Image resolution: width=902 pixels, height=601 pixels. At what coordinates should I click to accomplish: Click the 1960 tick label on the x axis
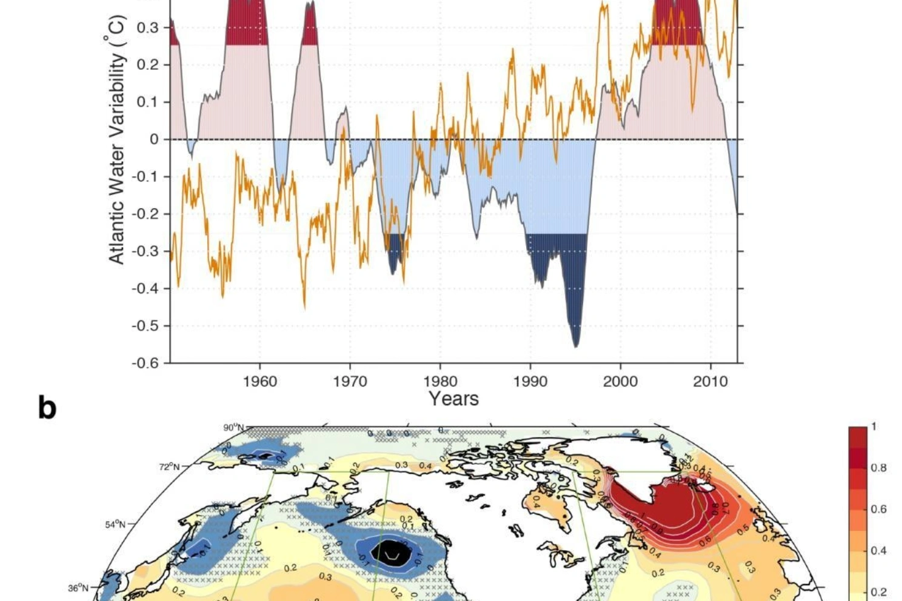[259, 382]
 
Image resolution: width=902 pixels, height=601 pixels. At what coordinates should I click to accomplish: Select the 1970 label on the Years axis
[350, 382]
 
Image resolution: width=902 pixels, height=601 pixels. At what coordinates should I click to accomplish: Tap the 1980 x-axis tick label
[440, 382]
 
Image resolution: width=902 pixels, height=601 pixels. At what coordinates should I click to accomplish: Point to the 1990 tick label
[530, 382]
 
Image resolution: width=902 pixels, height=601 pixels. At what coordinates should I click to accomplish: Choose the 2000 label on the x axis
[620, 382]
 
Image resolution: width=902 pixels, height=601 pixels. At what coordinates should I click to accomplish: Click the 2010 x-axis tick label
[710, 382]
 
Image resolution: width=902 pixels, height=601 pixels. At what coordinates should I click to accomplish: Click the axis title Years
[453, 399]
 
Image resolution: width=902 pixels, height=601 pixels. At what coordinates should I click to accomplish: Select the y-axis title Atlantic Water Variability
[116, 139]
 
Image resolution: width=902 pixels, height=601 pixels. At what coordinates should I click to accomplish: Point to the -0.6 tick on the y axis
[145, 363]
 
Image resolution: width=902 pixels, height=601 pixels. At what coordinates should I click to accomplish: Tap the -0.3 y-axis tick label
[145, 251]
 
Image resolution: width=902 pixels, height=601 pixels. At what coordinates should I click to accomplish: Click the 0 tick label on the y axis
[154, 139]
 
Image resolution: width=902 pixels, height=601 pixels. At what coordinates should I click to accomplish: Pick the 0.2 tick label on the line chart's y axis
[148, 65]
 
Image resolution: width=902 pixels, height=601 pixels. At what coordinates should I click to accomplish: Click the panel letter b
[47, 407]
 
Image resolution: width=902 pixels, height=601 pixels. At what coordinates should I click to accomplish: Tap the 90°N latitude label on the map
[233, 428]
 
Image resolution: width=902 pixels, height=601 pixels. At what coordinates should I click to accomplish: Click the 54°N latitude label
[115, 524]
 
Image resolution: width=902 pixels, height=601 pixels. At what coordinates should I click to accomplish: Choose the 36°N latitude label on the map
[78, 588]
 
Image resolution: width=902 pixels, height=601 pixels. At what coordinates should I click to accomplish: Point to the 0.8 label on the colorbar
[878, 468]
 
